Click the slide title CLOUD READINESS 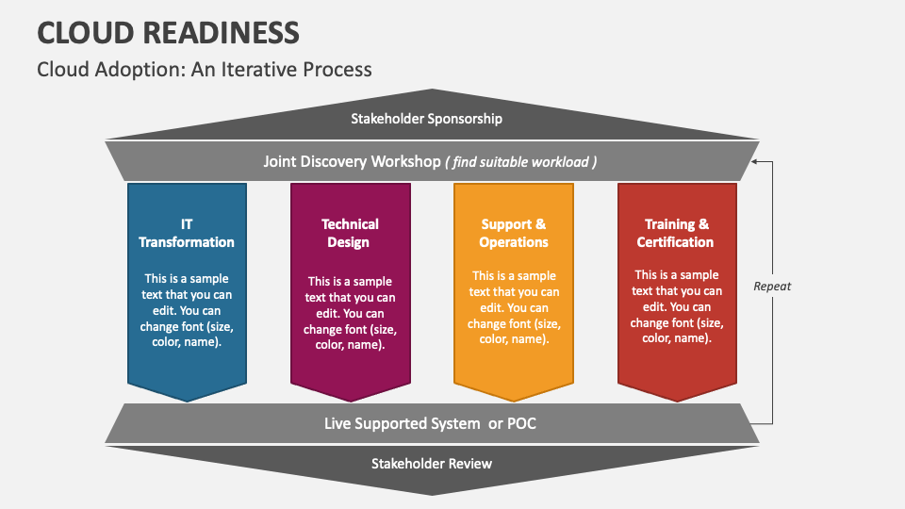coord(169,32)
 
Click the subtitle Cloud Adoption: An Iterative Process coord(205,70)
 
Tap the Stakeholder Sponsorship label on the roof coord(426,119)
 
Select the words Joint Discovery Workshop coord(352,161)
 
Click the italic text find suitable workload coord(521,162)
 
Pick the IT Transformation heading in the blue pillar coord(187,233)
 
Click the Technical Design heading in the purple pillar coord(350,233)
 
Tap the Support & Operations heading coord(514,233)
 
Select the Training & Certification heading coord(676,233)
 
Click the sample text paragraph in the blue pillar coord(187,310)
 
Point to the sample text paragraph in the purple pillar coord(350,313)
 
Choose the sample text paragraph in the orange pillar coord(514,307)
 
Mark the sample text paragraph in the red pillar coord(676,307)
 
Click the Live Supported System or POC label coord(430,423)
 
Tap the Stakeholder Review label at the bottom coord(431,463)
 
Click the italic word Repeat coord(772,286)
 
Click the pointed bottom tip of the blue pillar coord(187,399)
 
